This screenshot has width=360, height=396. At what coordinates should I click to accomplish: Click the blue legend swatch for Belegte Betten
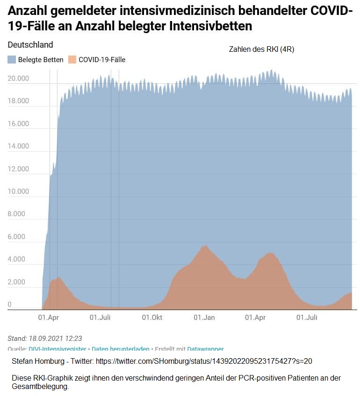click(x=12, y=59)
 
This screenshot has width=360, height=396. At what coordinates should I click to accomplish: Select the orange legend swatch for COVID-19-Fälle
click(x=72, y=59)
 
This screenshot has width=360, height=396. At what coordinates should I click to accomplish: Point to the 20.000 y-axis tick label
click(x=19, y=78)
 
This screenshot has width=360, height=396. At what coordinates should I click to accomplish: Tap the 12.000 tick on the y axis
click(x=19, y=169)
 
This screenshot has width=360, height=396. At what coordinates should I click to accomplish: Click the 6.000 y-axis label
click(x=17, y=237)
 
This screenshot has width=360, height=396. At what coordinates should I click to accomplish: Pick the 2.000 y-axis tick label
click(x=17, y=282)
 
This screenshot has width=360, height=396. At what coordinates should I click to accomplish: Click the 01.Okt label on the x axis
click(x=152, y=318)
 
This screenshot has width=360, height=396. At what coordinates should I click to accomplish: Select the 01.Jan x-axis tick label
click(x=204, y=318)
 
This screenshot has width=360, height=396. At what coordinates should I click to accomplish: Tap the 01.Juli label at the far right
click(x=307, y=318)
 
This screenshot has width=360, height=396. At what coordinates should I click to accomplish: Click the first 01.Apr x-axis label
click(x=49, y=318)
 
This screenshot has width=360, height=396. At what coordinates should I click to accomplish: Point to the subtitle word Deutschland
click(x=30, y=45)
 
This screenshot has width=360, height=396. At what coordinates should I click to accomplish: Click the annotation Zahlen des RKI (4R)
click(x=261, y=49)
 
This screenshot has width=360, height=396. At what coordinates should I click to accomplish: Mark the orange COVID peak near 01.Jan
click(x=204, y=246)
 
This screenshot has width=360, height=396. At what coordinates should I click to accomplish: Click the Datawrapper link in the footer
click(x=205, y=349)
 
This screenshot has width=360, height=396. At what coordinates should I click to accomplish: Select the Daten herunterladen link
click(x=121, y=349)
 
